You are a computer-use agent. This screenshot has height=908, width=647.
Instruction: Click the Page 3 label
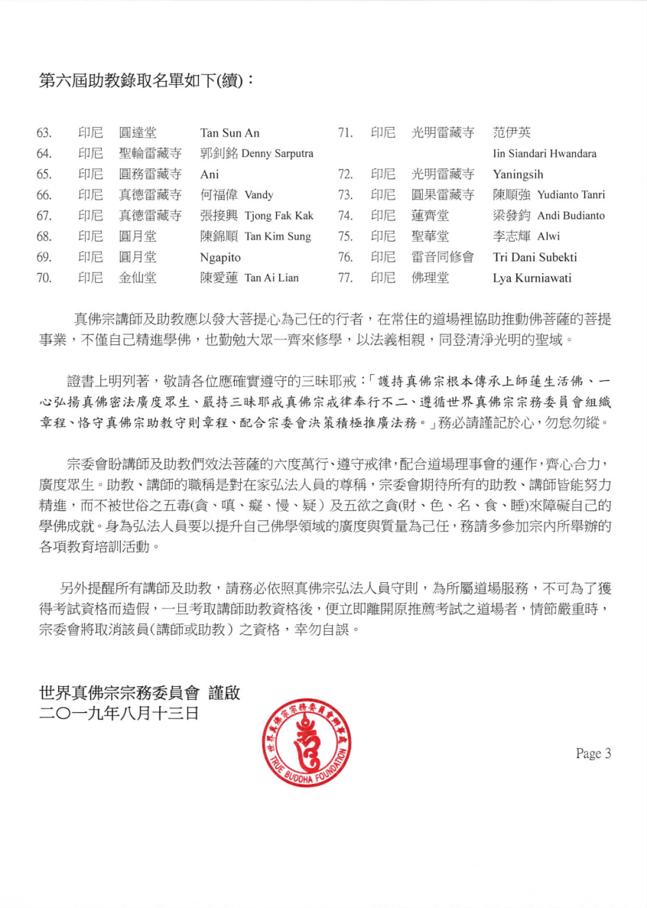click(x=593, y=753)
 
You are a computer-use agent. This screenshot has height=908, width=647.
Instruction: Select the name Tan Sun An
click(x=229, y=133)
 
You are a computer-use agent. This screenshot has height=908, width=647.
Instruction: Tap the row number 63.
click(x=44, y=133)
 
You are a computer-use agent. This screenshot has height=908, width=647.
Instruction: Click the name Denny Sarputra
click(x=278, y=154)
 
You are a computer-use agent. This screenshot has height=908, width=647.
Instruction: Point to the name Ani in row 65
click(x=210, y=174)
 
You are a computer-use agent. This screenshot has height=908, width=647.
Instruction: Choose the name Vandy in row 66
click(x=258, y=195)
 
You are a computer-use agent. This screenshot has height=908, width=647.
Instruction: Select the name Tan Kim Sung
click(x=278, y=236)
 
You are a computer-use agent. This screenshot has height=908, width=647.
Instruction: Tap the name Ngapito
click(x=220, y=257)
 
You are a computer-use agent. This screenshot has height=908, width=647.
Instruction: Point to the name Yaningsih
click(x=518, y=174)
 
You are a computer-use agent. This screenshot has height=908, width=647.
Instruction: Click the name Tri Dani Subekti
click(x=535, y=257)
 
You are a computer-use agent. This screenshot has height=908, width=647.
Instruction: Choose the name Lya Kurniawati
click(x=532, y=278)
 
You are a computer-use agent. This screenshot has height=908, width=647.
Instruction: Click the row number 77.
click(x=345, y=278)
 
